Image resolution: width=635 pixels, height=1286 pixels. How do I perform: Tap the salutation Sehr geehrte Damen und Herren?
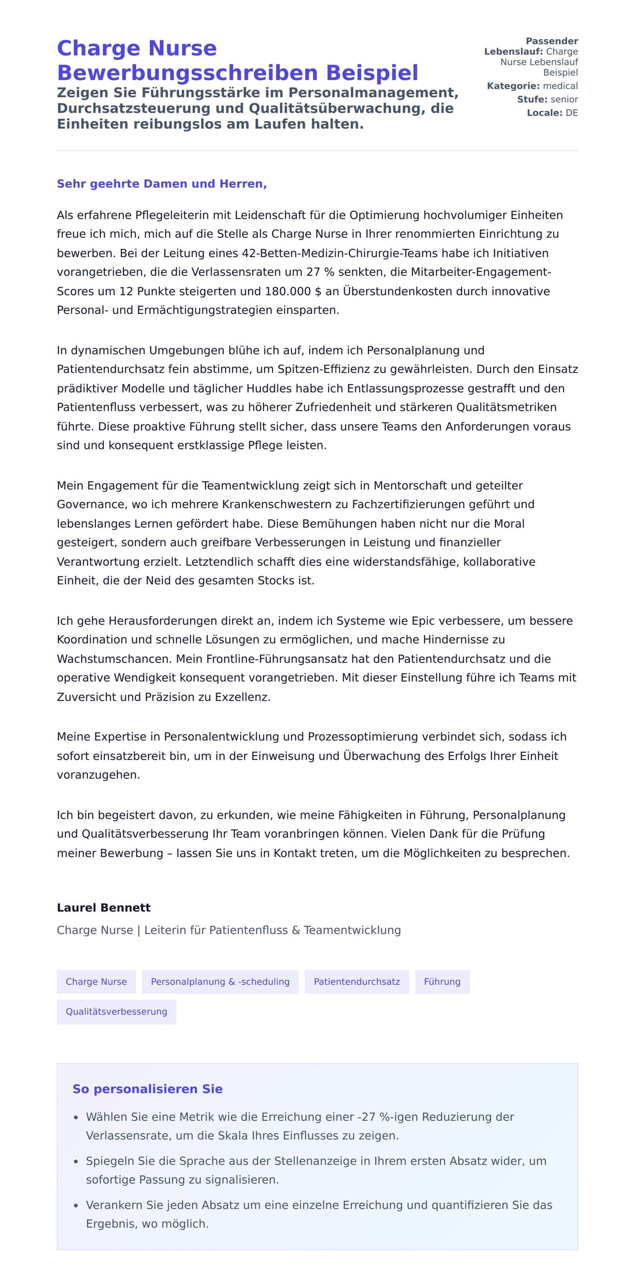(x=161, y=184)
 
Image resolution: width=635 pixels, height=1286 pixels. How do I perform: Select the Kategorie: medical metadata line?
(x=532, y=86)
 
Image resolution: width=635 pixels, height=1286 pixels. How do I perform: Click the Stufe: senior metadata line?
(x=547, y=99)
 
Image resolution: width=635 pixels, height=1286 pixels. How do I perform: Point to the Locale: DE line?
(x=552, y=113)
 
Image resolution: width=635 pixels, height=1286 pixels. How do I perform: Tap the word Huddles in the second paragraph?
(x=273, y=388)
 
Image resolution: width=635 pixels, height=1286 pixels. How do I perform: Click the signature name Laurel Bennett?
(x=104, y=908)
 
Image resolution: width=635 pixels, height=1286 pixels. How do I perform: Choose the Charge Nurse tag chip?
(x=96, y=982)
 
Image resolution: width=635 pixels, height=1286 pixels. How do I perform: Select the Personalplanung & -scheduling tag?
(x=220, y=982)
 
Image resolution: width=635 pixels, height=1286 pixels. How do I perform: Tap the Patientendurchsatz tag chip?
(x=357, y=982)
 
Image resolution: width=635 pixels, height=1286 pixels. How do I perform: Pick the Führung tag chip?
(x=442, y=982)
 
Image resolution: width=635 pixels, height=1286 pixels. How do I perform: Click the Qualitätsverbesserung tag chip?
(x=116, y=1011)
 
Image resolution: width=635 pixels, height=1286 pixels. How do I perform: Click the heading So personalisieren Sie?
(x=148, y=1089)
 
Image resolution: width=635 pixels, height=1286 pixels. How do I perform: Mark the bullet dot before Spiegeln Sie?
(x=76, y=1162)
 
